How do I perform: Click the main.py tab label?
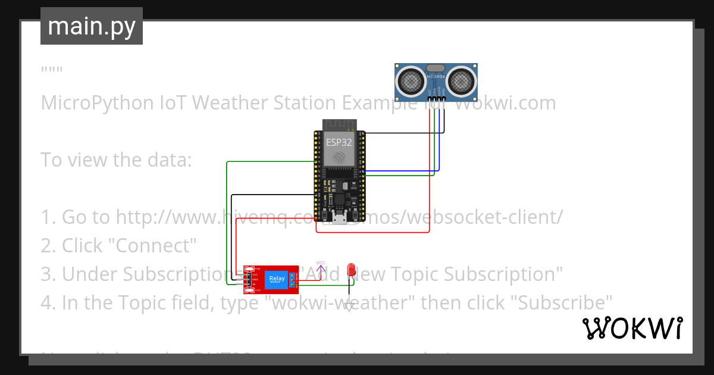(91, 26)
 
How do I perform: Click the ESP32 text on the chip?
(339, 143)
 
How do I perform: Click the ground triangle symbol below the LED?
(350, 306)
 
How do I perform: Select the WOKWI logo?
(632, 328)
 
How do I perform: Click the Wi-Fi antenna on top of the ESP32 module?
(339, 125)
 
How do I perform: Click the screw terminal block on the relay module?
(292, 279)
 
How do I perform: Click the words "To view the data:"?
(116, 160)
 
